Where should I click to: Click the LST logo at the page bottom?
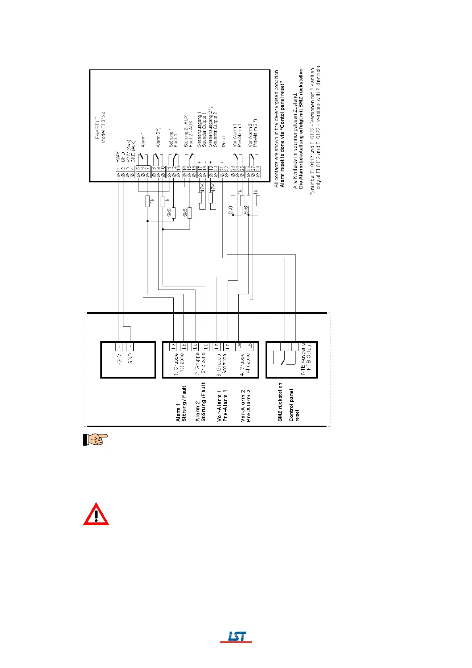click(237, 636)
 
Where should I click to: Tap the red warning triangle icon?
click(96, 514)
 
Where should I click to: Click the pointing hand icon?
click(95, 440)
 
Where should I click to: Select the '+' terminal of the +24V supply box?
click(119, 346)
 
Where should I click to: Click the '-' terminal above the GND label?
click(130, 346)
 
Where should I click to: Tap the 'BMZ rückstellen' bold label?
click(280, 401)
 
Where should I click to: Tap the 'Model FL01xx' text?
click(104, 128)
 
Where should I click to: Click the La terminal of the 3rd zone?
click(216, 346)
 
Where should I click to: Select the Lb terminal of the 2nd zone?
click(205, 346)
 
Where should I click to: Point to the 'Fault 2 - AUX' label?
click(191, 134)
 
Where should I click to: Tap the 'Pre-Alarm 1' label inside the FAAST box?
click(240, 135)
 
